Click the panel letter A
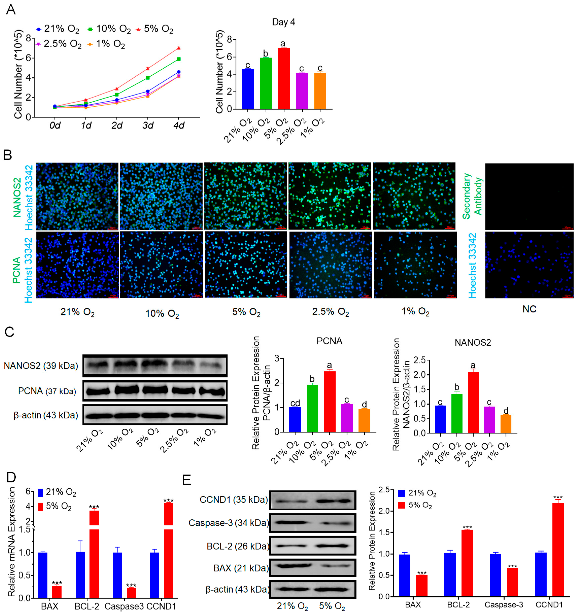pos(11,10)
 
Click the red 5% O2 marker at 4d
pos(179,48)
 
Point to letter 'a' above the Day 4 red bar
pos(283,43)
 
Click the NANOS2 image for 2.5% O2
pos(329,196)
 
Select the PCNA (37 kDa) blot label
pos(47,391)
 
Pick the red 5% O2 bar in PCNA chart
pos(329,402)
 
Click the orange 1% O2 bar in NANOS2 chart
pos(505,424)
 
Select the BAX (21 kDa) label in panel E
pos(240,568)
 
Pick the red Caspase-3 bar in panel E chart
pos(512,582)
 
